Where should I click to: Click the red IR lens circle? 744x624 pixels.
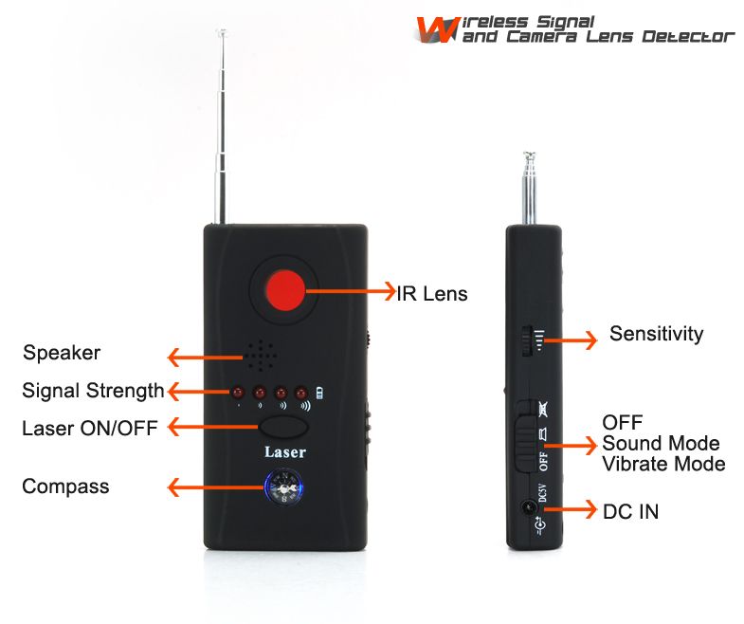point(287,290)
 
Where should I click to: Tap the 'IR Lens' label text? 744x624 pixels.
point(431,294)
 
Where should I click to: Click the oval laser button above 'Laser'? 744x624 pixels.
point(286,427)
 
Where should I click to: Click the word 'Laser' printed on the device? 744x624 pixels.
point(285,452)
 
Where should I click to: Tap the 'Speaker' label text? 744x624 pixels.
point(62,354)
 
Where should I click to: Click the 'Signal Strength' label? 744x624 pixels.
point(93,391)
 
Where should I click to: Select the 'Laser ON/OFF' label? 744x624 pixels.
point(90,428)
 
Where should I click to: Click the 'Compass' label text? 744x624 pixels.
point(65,487)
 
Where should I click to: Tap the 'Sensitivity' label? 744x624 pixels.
point(656,334)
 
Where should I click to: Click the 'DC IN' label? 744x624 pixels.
point(630,512)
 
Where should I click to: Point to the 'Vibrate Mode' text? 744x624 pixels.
point(663,464)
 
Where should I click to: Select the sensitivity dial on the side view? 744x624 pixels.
point(524,340)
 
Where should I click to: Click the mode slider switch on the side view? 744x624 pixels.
point(523,438)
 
